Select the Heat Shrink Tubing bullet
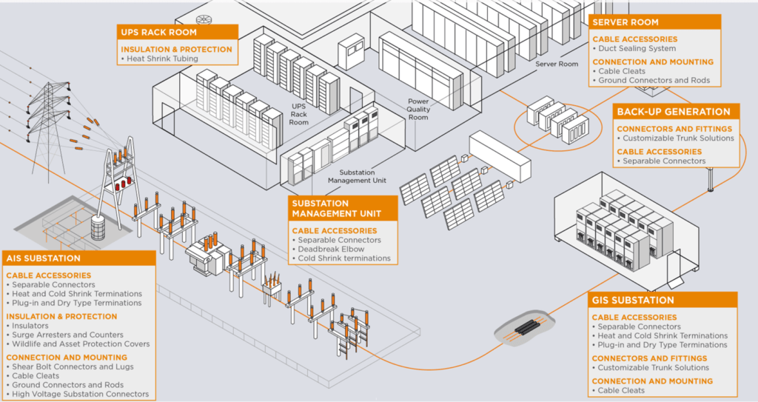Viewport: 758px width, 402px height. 161,58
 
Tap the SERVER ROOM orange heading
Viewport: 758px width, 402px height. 626,22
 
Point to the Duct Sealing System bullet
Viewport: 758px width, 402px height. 637,48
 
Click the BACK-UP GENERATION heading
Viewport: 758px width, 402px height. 674,112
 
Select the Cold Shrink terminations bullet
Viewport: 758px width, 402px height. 344,258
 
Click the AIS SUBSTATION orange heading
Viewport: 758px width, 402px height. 43,258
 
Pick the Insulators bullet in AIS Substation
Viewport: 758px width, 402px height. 30,326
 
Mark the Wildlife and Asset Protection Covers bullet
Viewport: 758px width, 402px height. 81,344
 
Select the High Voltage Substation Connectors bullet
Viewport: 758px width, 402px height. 80,394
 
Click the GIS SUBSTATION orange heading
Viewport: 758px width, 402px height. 633,301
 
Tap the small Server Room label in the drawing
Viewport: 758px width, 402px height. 557,64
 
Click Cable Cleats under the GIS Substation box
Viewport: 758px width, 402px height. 621,390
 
